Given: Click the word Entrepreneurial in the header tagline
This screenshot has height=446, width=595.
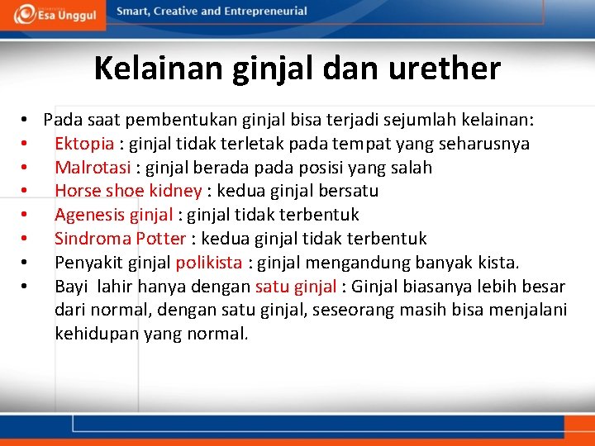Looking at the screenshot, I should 264,12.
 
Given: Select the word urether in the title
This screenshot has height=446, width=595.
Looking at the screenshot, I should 454,68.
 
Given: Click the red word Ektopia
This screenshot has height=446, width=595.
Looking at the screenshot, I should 84,144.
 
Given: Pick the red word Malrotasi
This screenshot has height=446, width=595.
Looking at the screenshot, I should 91,168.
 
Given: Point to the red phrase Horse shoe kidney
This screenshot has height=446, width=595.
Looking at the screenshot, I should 128,191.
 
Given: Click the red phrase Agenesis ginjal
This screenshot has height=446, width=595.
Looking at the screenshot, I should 114,215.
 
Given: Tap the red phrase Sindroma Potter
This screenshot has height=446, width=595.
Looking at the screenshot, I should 120,239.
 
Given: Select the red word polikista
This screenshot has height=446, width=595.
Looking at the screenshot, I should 209,263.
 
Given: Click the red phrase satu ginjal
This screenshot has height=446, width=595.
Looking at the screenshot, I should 295,287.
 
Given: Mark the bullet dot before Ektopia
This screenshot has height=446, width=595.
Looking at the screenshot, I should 27,145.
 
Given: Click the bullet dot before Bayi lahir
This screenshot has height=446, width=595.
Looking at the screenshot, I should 27,287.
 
